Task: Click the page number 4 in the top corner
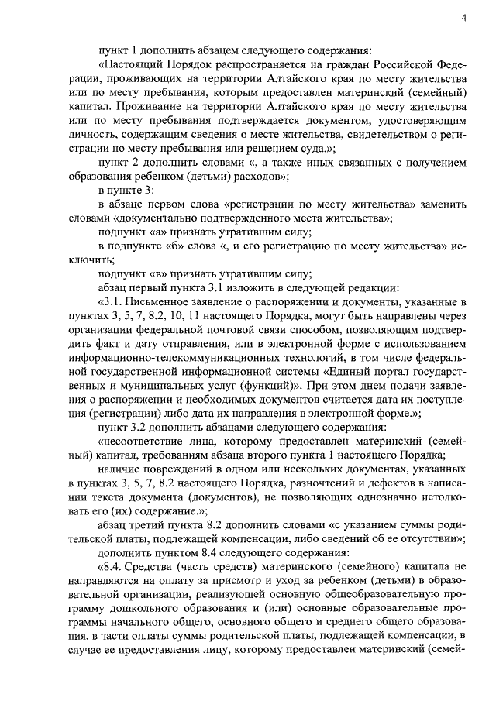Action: (463, 18)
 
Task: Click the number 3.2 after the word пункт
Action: (133, 428)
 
